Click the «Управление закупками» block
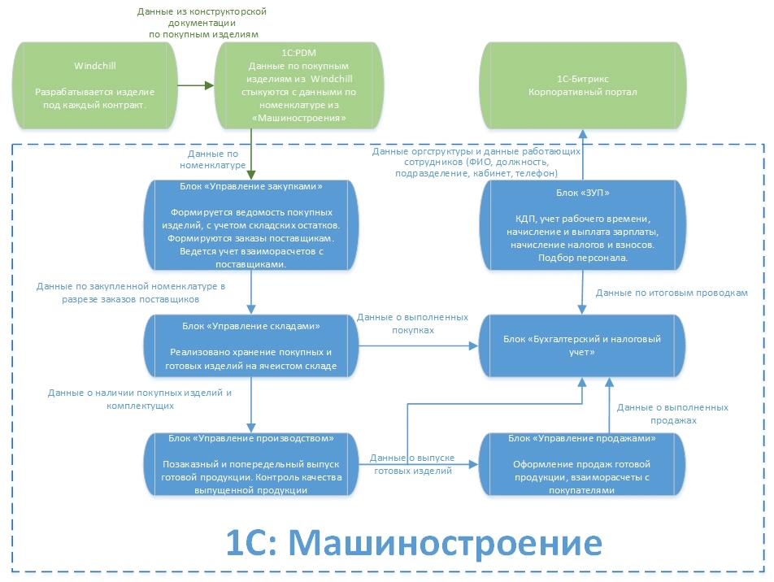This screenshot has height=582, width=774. click(251, 225)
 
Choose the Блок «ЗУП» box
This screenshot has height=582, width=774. click(580, 225)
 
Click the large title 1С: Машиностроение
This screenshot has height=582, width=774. click(413, 541)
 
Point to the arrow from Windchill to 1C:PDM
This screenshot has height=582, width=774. click(195, 84)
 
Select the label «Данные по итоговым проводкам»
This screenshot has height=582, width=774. click(672, 292)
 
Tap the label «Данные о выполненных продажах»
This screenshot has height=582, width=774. click(672, 414)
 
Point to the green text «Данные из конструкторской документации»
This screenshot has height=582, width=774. click(203, 24)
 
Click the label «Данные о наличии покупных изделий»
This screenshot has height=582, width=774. click(140, 398)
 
